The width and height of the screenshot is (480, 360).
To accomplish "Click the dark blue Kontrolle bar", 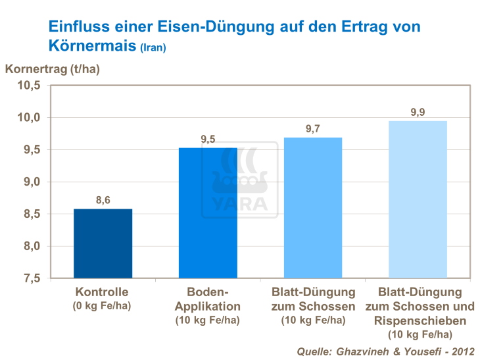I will click(103, 244).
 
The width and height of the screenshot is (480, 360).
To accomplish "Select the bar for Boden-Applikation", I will click(208, 213).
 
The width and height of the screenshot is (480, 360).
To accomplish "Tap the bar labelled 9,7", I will click(313, 207).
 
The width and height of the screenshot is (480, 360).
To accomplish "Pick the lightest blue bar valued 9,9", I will click(418, 199).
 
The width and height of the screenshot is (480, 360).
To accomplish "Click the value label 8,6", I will click(103, 200).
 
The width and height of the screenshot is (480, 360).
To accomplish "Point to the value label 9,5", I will click(208, 139).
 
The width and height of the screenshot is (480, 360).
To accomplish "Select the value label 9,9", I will click(418, 112).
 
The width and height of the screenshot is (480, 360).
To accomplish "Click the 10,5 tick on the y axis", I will click(29, 86).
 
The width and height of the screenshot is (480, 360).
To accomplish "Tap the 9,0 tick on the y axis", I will click(31, 182).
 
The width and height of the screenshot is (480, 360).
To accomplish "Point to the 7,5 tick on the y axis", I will click(31, 278).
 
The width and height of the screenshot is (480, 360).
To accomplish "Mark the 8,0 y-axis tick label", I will click(31, 246).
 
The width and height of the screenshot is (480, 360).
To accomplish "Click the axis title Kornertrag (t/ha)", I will click(53, 68).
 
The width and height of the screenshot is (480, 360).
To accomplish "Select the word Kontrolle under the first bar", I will click(102, 292).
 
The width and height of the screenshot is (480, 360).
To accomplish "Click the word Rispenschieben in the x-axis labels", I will click(418, 321).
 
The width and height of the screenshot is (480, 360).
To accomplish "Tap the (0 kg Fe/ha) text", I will click(102, 305).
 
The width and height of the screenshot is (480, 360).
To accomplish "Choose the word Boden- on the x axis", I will click(208, 292).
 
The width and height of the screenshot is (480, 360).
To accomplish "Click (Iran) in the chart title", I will click(153, 48).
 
